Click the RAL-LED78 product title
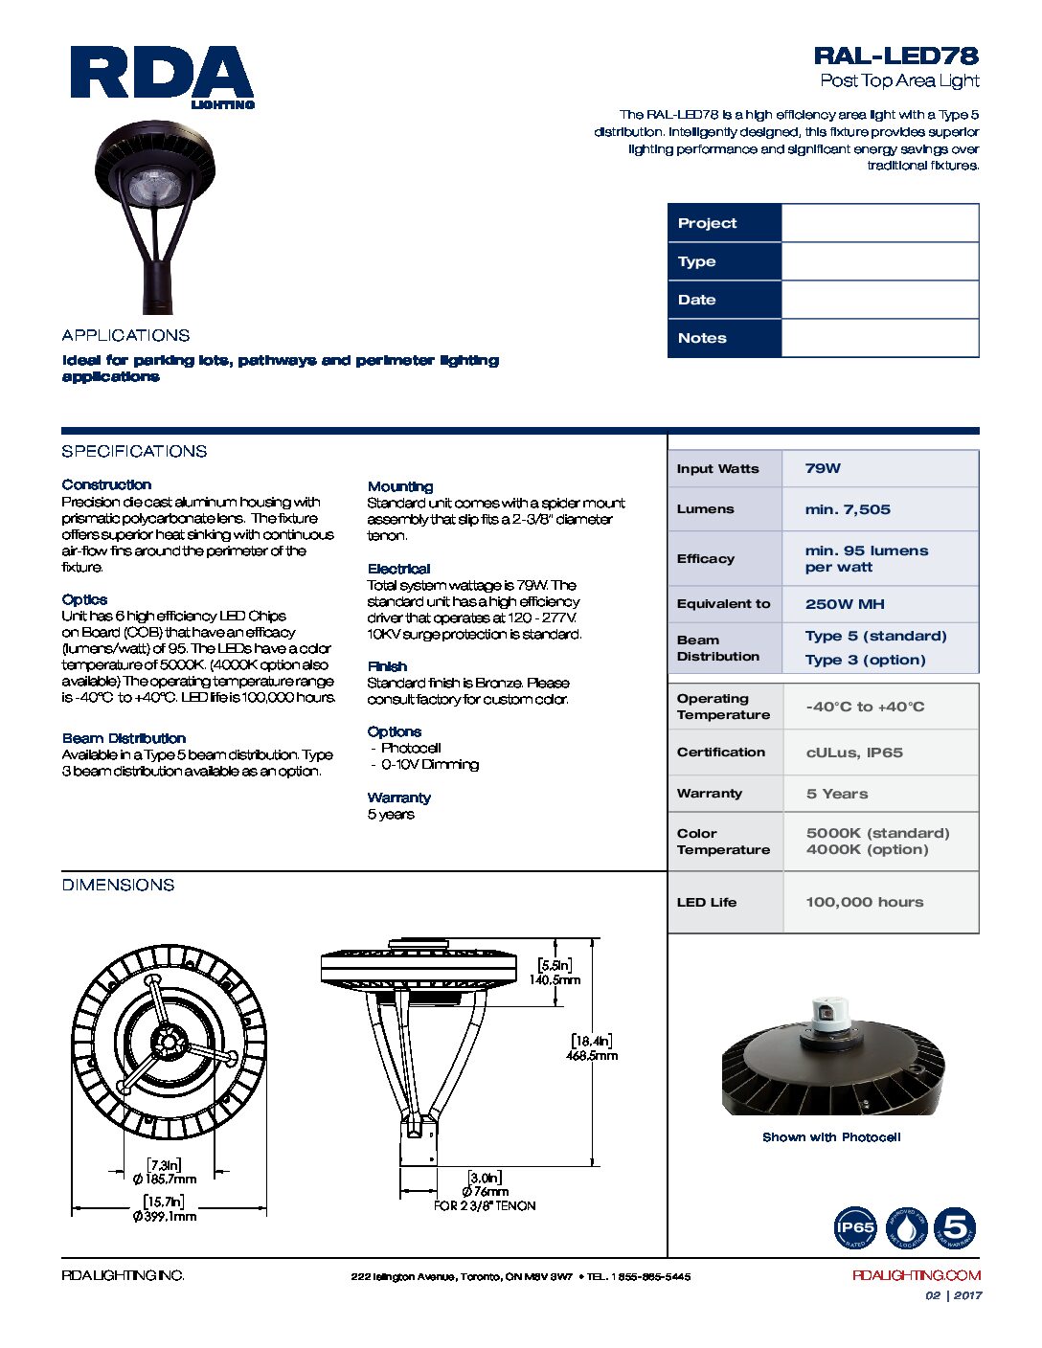(895, 56)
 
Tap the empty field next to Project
(879, 223)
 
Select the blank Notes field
(879, 338)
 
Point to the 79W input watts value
(823, 468)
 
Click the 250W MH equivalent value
(845, 604)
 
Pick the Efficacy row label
(706, 559)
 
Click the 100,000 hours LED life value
(865, 902)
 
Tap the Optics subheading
(84, 599)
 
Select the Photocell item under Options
(411, 748)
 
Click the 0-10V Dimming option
(429, 764)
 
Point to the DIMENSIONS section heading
(118, 885)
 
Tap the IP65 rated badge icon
(855, 1228)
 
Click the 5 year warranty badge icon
(955, 1228)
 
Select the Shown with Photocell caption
(831, 1137)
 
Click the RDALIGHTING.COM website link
(917, 1275)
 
